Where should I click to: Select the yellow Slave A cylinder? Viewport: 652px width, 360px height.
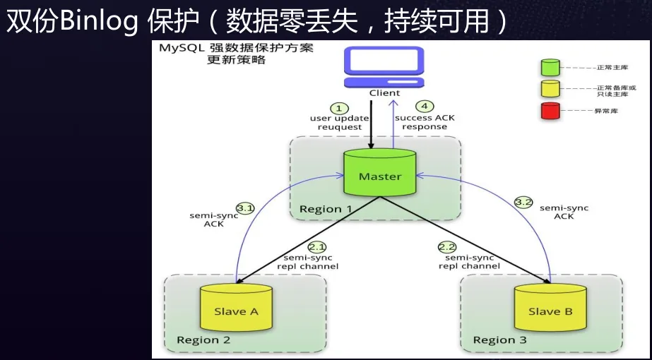point(236,308)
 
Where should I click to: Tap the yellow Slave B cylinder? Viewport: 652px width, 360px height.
point(550,308)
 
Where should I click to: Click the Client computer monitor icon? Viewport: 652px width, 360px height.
point(384,67)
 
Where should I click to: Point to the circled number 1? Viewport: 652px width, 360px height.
point(339,108)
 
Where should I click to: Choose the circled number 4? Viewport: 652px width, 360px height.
point(425,107)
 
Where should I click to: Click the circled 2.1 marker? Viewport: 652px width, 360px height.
point(318,248)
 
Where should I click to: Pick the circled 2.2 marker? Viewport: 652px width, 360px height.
point(447,247)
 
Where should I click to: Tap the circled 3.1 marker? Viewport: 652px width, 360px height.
point(245,208)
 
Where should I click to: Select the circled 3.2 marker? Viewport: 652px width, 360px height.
point(523,203)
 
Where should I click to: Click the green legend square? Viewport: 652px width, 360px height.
point(550,67)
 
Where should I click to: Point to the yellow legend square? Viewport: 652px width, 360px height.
point(550,89)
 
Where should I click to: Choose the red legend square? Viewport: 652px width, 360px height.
point(550,111)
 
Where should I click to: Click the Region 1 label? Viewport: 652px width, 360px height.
point(326,209)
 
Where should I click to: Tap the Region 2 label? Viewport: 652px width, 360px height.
point(203,340)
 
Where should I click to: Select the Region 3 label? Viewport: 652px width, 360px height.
point(500,340)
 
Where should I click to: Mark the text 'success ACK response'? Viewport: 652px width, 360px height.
point(425,122)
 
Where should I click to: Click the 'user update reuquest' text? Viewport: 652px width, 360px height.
point(340,123)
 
